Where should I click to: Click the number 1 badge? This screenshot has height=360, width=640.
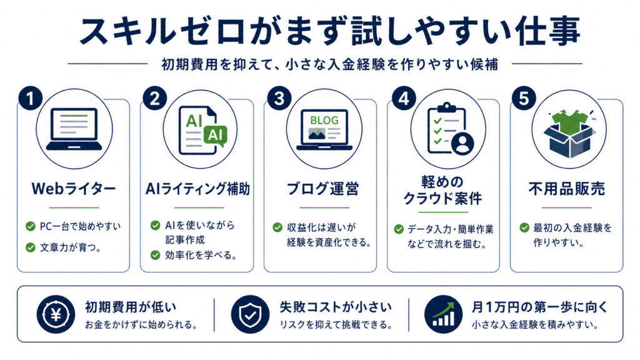coord(31,98)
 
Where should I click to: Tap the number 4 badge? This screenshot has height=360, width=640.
coord(404,98)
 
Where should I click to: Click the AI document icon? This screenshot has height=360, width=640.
coord(201,131)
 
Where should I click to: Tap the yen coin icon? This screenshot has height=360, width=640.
coord(56,314)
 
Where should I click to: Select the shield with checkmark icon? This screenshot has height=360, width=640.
coord(250,314)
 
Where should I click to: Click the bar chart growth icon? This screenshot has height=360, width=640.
coord(444,314)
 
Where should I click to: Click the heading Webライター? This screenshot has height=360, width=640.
coord(74,189)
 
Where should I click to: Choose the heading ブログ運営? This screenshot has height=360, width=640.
coord(323,189)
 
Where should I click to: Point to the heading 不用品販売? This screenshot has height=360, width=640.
coord(567,189)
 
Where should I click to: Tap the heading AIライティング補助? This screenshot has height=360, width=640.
coord(197,189)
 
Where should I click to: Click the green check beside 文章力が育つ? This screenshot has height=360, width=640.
coord(31,247)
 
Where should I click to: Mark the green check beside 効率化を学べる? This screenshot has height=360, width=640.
coord(155,255)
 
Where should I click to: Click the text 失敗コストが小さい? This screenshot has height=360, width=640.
coord(336,307)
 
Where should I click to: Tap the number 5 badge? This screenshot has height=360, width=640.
coord(524,98)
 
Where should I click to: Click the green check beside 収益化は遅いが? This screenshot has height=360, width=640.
coord(277,227)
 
